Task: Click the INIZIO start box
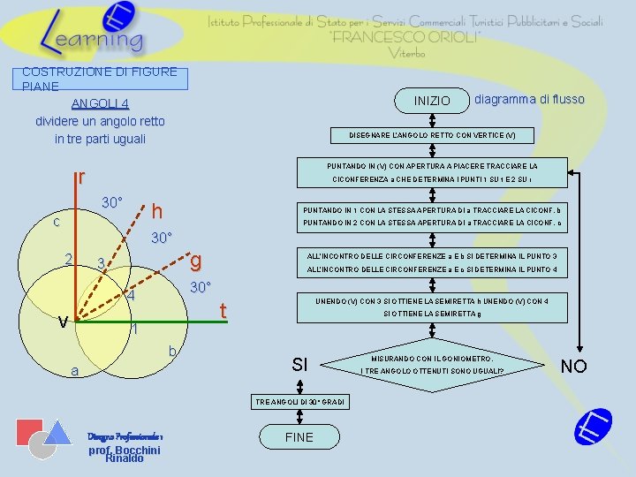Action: [x=432, y=102]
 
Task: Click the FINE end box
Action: [x=299, y=437]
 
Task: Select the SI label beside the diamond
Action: [x=300, y=365]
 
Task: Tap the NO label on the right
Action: [x=573, y=366]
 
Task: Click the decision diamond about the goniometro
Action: [x=432, y=364]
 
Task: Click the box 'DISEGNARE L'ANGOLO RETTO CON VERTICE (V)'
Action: [x=432, y=136]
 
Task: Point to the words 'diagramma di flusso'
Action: [x=529, y=99]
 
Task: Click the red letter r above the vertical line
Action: [x=81, y=178]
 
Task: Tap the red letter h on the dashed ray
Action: [x=156, y=212]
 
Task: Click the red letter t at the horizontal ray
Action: [x=223, y=311]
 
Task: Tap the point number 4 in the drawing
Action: [x=130, y=296]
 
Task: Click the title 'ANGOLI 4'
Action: [x=100, y=103]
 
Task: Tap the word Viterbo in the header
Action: [x=406, y=54]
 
